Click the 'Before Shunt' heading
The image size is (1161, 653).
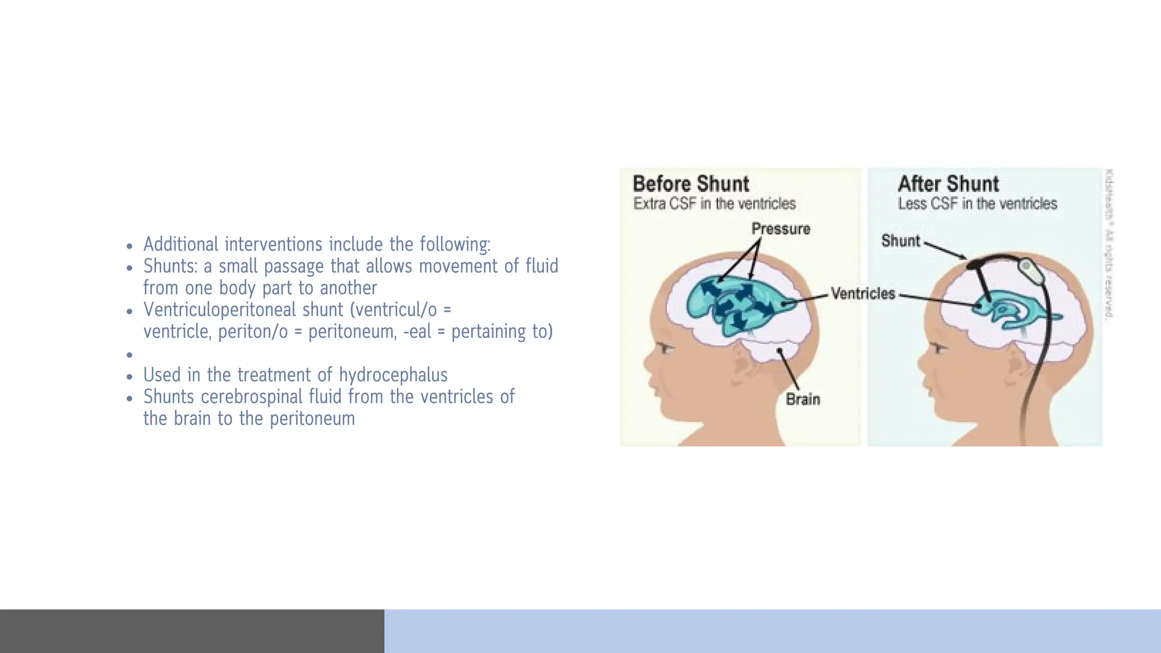point(690,184)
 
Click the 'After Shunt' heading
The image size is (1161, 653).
point(948,184)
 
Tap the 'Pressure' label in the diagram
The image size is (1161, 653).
point(781,229)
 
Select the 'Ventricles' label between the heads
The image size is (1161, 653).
point(863,294)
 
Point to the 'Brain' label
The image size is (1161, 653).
point(803,399)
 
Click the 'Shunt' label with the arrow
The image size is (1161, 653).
point(900,241)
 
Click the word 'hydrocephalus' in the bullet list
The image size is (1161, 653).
point(393,375)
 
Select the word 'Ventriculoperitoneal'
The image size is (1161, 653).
point(243,310)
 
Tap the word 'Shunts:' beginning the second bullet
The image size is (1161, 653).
point(170,266)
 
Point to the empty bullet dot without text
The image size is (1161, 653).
point(130,355)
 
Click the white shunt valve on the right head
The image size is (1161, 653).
point(1032,272)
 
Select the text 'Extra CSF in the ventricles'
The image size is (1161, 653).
point(714,203)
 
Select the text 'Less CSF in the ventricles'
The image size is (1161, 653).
point(977,203)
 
